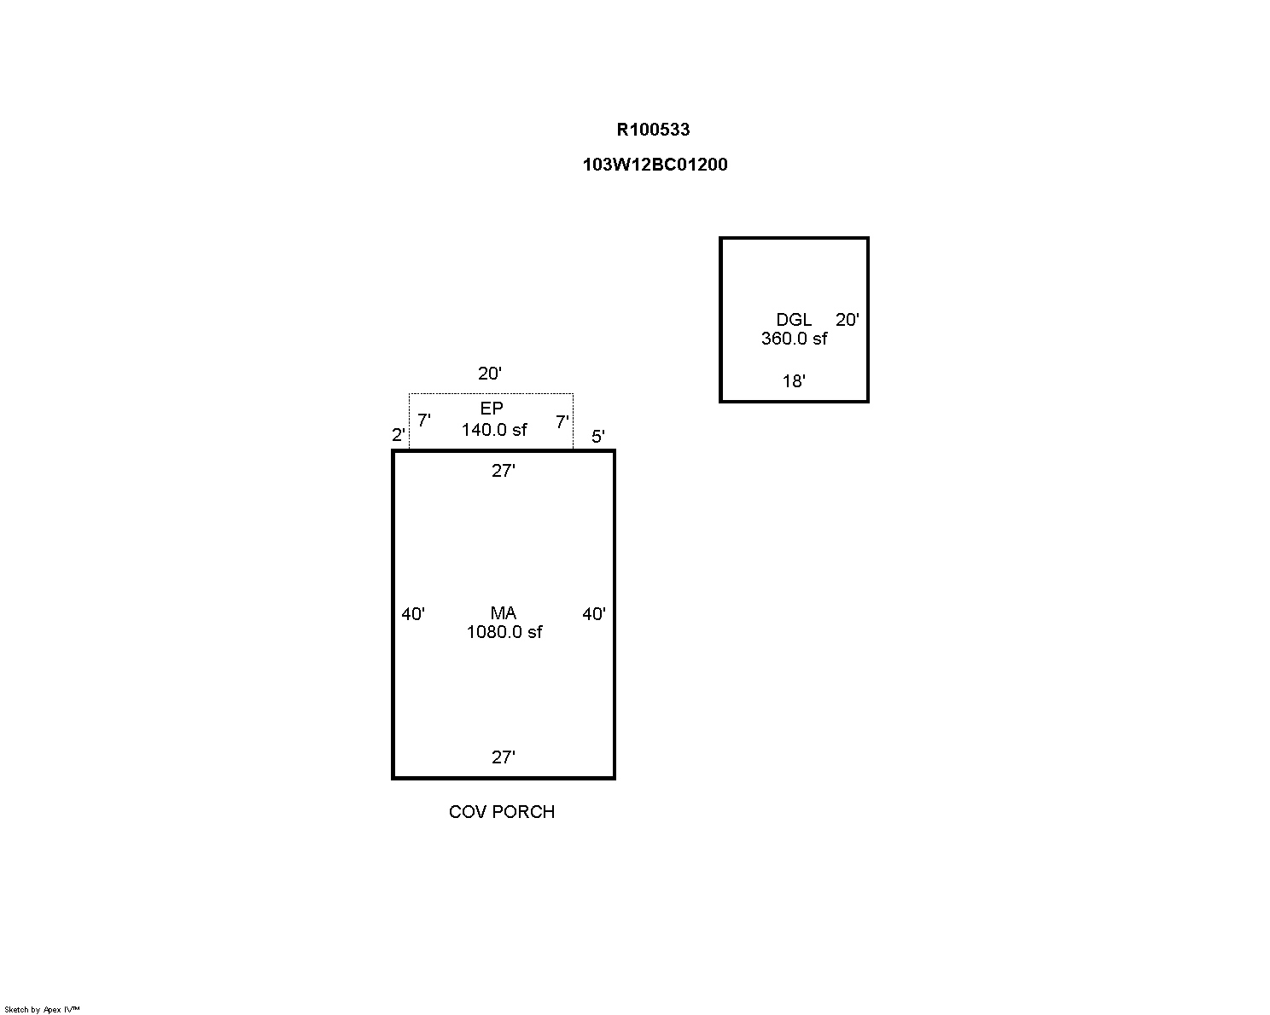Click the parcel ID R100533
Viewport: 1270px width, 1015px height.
[x=653, y=130]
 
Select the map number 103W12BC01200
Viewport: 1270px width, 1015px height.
[x=655, y=165]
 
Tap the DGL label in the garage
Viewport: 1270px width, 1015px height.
[x=793, y=320]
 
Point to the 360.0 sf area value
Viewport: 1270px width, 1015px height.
[x=794, y=339]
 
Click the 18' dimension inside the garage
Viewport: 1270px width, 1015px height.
[x=793, y=381]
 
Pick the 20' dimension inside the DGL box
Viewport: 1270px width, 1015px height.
[x=847, y=320]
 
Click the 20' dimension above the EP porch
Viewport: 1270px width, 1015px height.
[x=489, y=374]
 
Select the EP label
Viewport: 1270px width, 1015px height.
[x=491, y=409]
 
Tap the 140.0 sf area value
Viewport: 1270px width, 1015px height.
[x=494, y=430]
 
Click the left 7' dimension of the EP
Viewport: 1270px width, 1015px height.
[x=423, y=420]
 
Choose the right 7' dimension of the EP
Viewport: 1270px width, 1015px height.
[x=562, y=421]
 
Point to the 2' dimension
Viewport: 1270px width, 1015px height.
[x=399, y=435]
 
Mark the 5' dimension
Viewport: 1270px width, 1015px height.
[x=597, y=437]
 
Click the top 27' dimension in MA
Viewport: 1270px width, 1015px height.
[x=503, y=471]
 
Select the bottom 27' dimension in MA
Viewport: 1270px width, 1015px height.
[x=503, y=757]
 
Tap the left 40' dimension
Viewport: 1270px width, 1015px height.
[x=412, y=614]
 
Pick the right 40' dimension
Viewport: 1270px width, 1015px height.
[x=594, y=614]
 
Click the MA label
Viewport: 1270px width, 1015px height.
[x=503, y=613]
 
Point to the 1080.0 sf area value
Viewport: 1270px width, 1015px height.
[x=504, y=632]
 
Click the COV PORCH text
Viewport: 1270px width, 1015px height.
[x=502, y=812]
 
